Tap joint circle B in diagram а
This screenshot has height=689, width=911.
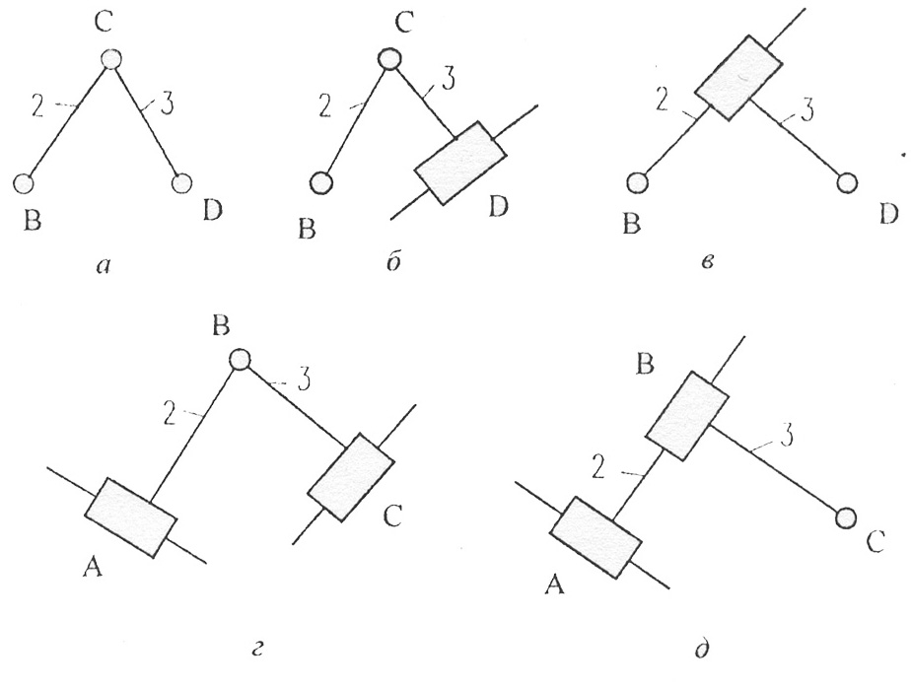(25, 182)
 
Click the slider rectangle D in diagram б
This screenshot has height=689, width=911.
(459, 163)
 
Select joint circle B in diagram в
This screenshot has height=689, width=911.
(638, 183)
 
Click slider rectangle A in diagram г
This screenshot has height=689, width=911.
(130, 517)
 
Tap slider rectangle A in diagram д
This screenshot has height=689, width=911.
(596, 534)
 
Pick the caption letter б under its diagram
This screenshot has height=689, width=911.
(391, 266)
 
